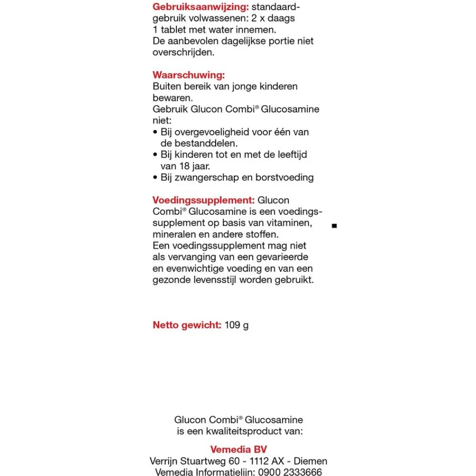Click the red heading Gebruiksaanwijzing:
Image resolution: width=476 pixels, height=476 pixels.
coord(200,7)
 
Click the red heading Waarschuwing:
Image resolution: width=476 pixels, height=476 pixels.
coord(189,75)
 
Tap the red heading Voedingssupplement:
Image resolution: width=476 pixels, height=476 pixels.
coord(203,200)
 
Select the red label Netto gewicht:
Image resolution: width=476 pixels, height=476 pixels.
coord(187,325)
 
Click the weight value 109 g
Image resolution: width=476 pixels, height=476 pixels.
coord(237,325)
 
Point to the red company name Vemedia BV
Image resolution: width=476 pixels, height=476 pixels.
coord(238,450)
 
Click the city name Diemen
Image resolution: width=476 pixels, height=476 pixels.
coord(310,461)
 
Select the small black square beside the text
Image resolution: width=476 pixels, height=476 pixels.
coord(334,226)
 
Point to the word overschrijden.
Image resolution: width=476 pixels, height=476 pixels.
coord(183,52)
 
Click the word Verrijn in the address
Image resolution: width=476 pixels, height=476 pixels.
coord(165,461)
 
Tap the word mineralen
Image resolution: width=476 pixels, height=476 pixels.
coord(173,234)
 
